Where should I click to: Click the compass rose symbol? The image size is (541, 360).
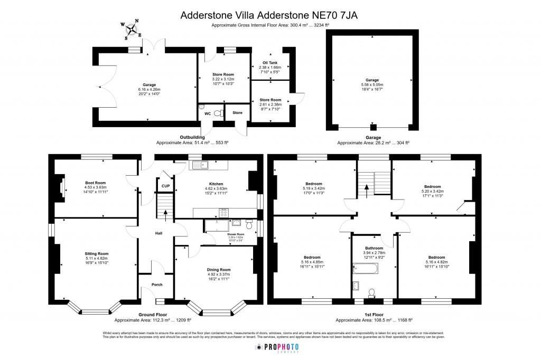point(133,29)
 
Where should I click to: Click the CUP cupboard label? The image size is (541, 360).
point(165,186)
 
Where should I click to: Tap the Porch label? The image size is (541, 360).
point(157,285)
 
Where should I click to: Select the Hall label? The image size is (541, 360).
point(158,233)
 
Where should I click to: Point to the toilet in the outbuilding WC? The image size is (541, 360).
point(218,112)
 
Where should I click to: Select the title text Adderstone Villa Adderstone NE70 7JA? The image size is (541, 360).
point(269,15)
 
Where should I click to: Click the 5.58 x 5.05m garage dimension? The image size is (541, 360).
point(372,84)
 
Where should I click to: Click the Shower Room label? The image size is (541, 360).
point(236,234)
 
